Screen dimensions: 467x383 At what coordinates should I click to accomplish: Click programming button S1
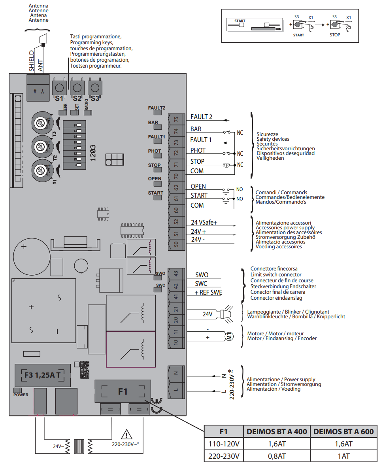[x=59, y=87]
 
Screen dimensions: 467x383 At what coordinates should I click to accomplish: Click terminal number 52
[x=176, y=222]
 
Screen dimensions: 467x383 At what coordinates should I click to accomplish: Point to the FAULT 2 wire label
[x=201, y=117]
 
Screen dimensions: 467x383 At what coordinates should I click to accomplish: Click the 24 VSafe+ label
[x=204, y=223]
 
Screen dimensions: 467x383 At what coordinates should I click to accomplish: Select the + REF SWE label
[x=208, y=293]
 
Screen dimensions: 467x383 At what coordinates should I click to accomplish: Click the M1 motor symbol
[x=229, y=337]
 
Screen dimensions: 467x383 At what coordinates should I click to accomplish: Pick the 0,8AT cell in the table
[x=276, y=456]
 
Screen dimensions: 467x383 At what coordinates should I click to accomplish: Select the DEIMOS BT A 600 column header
[x=343, y=432]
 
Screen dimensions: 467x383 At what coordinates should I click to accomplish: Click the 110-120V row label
[x=224, y=444]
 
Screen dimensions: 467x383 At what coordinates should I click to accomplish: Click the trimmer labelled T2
[x=40, y=147]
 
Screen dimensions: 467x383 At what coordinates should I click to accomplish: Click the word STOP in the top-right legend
[x=335, y=35]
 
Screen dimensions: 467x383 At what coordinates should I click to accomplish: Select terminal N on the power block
[x=176, y=372]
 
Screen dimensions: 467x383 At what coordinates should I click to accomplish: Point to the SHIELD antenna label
[x=32, y=61]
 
